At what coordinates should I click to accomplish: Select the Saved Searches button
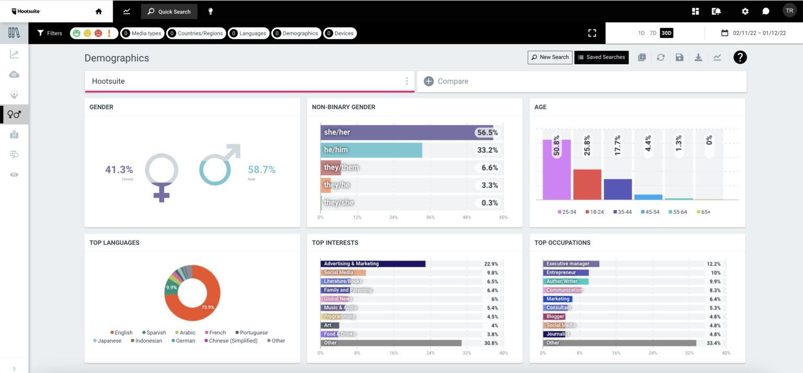pos(601,57)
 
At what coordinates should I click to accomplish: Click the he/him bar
pos(371,150)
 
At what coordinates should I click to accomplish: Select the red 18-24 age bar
pos(587,184)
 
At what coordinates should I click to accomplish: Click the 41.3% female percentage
pos(119,169)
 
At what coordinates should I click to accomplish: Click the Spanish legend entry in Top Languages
pos(154,332)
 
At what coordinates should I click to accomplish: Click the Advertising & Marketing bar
pos(373,264)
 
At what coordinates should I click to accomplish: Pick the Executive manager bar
pos(571,264)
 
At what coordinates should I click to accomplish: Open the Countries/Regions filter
pos(196,33)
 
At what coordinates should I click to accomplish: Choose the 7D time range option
pos(653,33)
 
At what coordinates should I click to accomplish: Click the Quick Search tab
pos(169,12)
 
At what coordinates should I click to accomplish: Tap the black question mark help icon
pos(740,57)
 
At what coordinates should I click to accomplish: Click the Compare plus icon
pos(429,81)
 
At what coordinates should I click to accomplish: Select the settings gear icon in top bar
pos(745,12)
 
